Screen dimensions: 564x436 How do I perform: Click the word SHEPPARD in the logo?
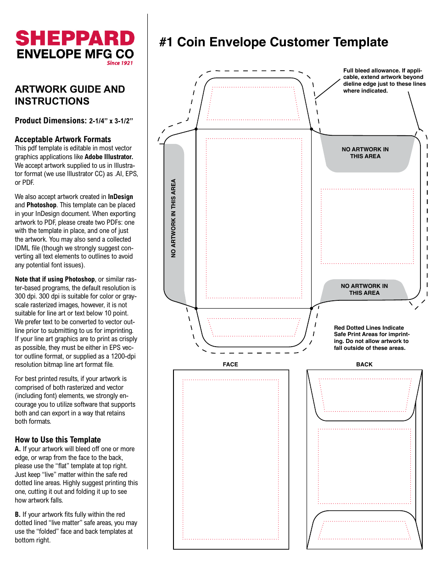(x=75, y=39)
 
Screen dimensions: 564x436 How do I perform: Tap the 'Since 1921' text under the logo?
(x=120, y=63)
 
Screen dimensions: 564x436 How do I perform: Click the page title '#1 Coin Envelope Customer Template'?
(x=274, y=42)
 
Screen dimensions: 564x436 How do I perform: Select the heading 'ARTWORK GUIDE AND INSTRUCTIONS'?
(x=70, y=95)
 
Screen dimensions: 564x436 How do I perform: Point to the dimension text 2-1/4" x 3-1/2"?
(x=111, y=121)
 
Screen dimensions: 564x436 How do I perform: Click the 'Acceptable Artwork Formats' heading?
(x=63, y=139)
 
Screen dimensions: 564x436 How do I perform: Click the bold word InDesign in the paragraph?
(x=120, y=197)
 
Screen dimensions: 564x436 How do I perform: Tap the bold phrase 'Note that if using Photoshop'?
(x=55, y=279)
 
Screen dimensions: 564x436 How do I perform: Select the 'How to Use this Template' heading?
(x=58, y=439)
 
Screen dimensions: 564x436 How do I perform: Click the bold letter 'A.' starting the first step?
(x=18, y=449)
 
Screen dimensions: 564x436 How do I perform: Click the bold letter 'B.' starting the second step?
(x=18, y=514)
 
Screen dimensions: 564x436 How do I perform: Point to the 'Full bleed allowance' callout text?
(x=384, y=80)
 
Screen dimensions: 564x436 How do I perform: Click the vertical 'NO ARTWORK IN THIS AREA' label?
(x=173, y=218)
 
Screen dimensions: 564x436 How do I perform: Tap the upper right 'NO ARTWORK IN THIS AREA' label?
(x=365, y=153)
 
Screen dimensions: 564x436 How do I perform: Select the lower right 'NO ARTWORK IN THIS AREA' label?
(x=364, y=289)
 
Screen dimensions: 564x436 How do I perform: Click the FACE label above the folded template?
(x=230, y=365)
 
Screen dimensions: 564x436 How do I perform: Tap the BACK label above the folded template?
(x=364, y=365)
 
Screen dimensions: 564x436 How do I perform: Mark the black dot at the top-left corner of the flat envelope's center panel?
(x=196, y=129)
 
